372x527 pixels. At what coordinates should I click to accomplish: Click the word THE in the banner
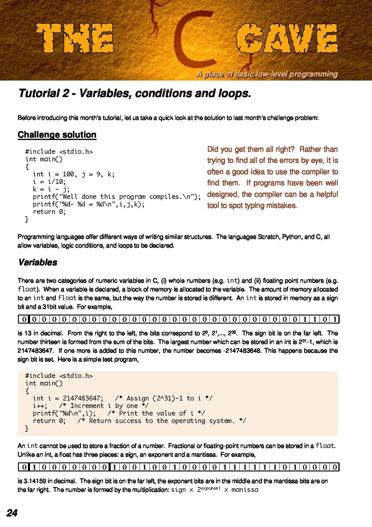click(75, 38)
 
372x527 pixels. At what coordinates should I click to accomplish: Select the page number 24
click(12, 513)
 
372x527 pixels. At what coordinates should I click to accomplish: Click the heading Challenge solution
click(57, 135)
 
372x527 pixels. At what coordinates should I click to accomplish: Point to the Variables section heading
click(38, 262)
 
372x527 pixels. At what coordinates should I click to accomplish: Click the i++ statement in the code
click(40, 406)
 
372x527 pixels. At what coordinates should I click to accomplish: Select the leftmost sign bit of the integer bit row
click(24, 319)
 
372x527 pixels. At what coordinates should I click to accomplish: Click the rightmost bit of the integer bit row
click(334, 319)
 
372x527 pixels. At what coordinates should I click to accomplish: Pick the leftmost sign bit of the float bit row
click(24, 467)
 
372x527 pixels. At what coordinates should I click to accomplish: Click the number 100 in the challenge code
click(68, 174)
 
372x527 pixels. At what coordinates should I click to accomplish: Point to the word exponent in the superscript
click(211, 488)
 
